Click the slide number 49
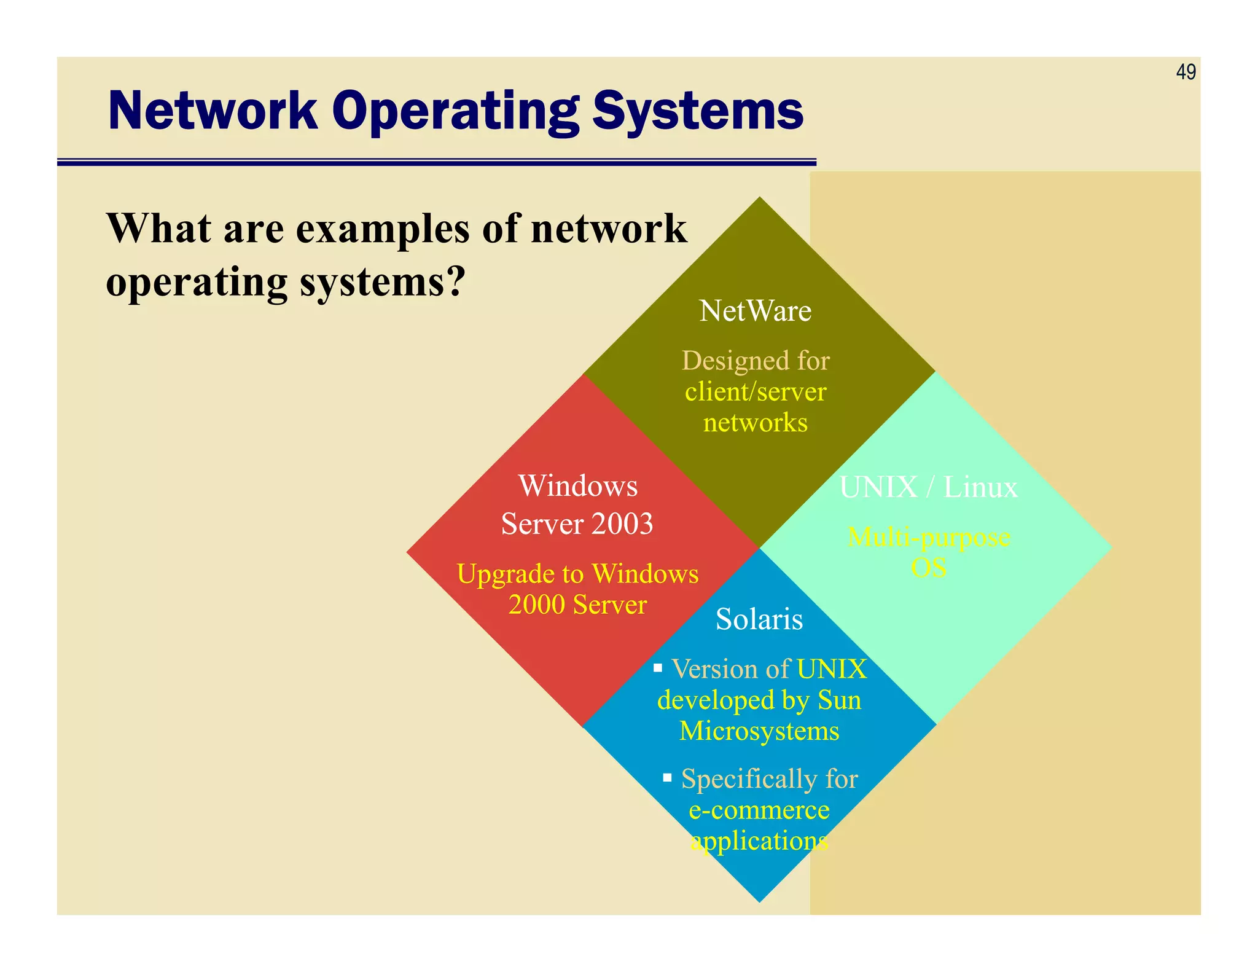[x=1186, y=72]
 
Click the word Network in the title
[x=213, y=111]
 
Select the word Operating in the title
[x=455, y=112]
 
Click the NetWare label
[x=755, y=311]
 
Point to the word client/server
[x=756, y=392]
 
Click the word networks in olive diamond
[x=755, y=423]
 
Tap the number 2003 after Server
[x=622, y=524]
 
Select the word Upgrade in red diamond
[x=506, y=574]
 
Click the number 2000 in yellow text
[x=536, y=605]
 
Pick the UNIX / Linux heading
[x=928, y=487]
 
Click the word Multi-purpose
[x=928, y=538]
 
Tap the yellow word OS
[x=928, y=568]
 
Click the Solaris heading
[x=759, y=619]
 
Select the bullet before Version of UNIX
[x=658, y=668]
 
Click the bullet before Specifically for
[x=667, y=778]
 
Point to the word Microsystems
[x=759, y=731]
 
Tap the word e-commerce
[x=759, y=810]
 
